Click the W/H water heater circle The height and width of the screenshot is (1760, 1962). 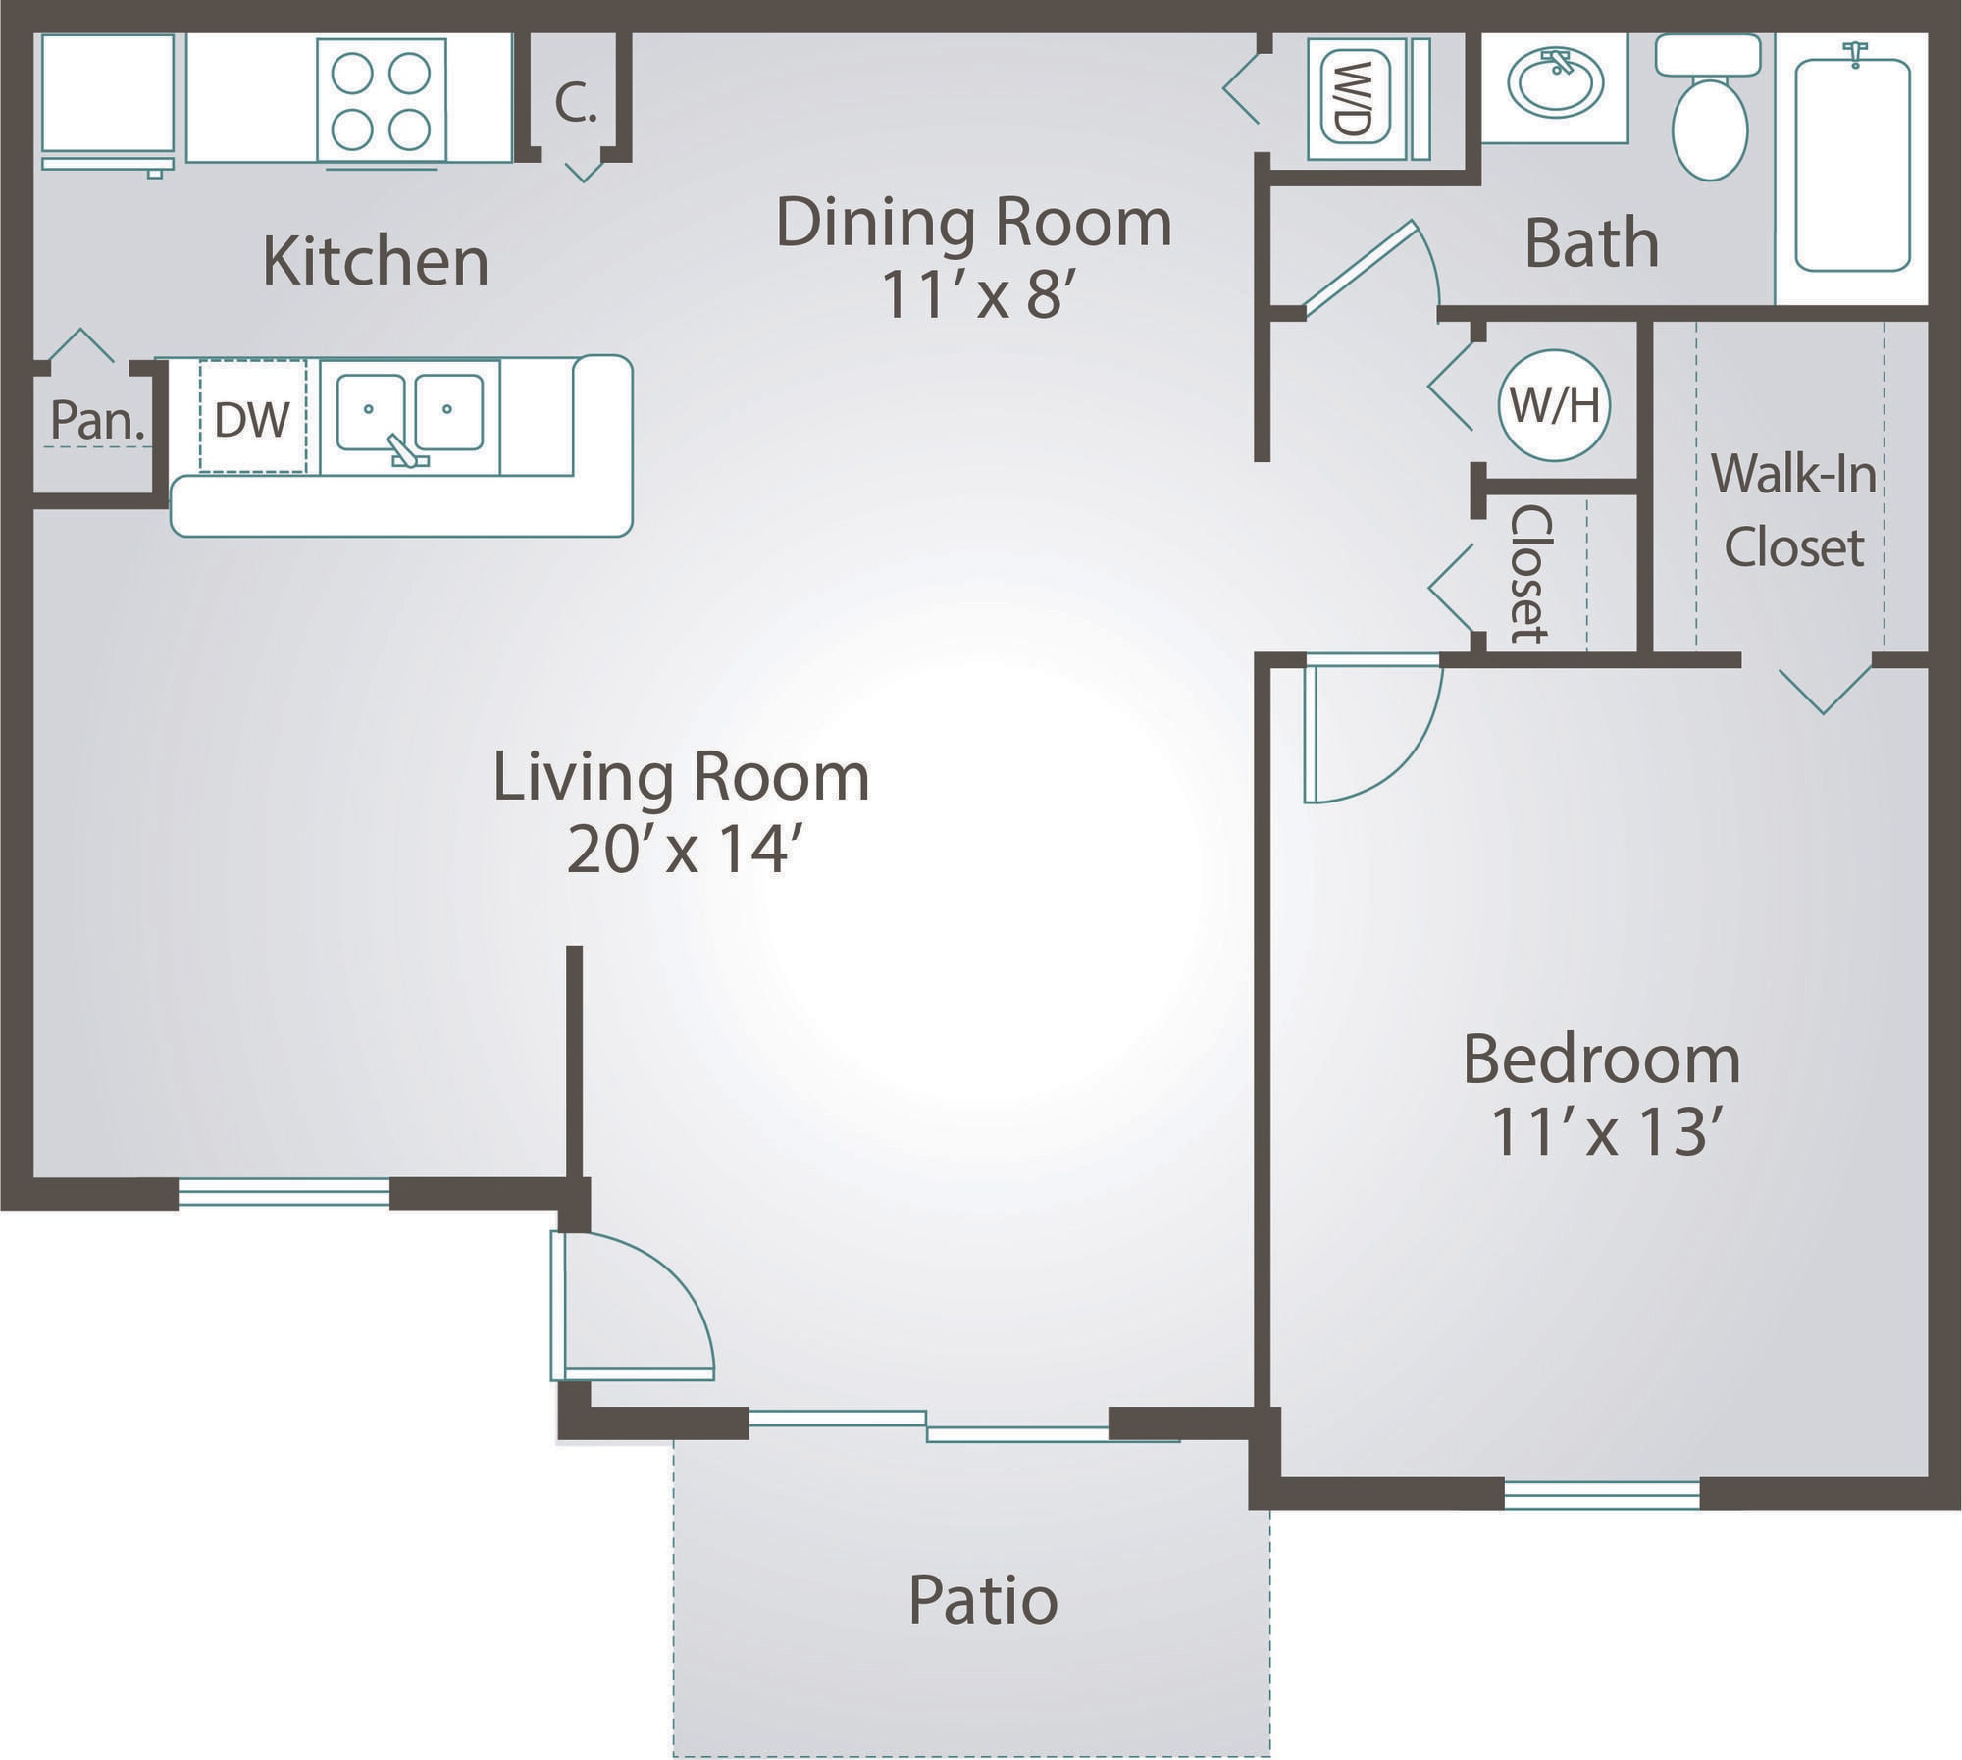(x=1555, y=405)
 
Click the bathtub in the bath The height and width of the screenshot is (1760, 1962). (x=1852, y=165)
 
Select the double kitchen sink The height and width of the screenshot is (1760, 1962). (x=409, y=412)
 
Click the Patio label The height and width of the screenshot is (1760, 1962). (x=982, y=1600)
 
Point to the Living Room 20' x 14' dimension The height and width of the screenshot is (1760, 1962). (x=679, y=851)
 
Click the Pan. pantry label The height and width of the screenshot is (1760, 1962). (x=97, y=420)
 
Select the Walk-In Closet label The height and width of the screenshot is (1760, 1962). (x=1793, y=510)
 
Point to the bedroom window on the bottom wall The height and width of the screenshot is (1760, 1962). (x=1601, y=1494)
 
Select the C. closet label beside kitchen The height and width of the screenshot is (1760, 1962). (x=576, y=102)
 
